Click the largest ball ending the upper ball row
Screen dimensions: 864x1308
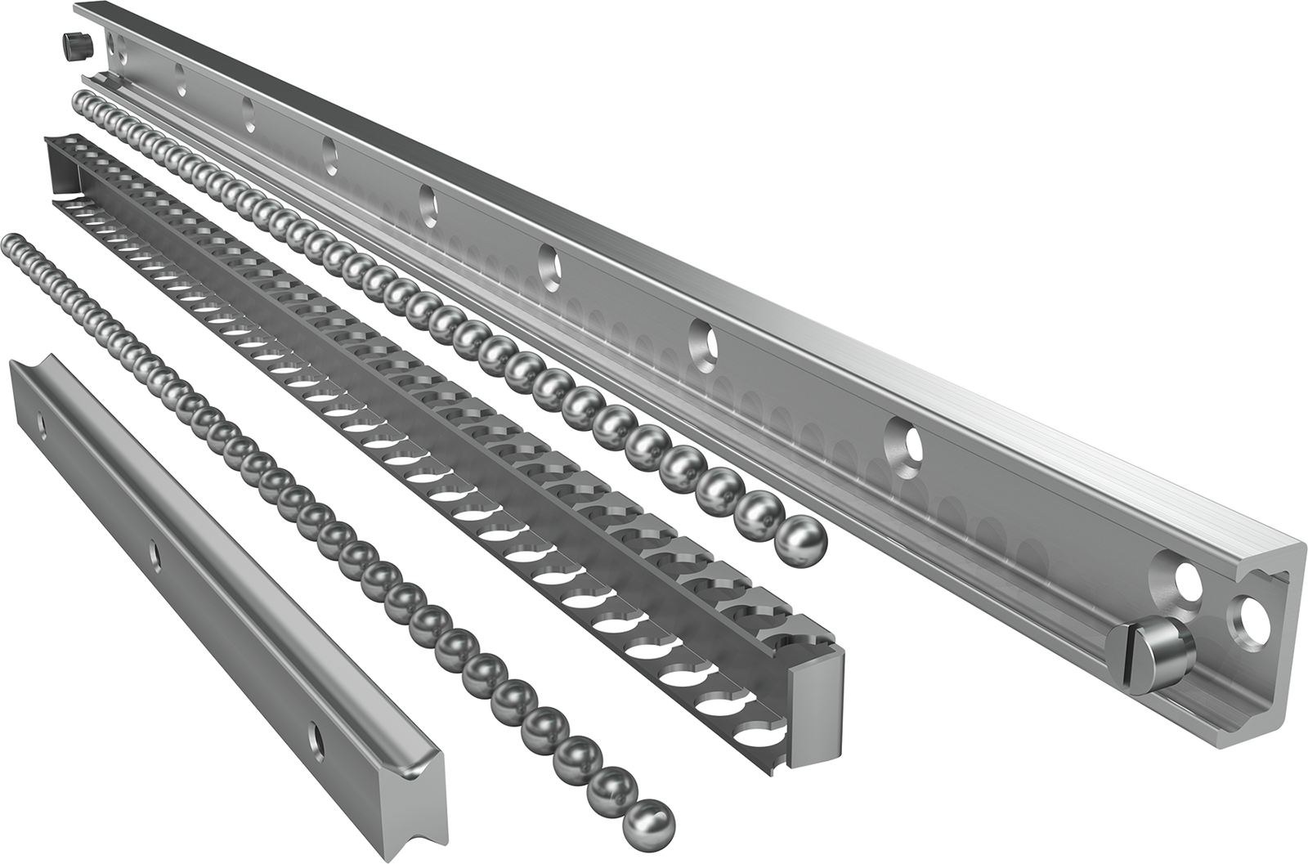(801, 540)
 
